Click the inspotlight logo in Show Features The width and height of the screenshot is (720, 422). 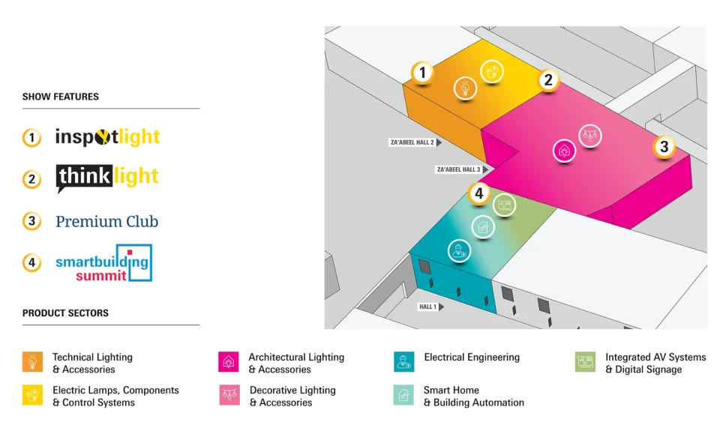pyautogui.click(x=107, y=136)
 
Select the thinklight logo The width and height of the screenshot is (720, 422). pyautogui.click(x=107, y=178)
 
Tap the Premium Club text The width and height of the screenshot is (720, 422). pyautogui.click(x=107, y=222)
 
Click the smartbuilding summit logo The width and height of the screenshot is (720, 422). pyautogui.click(x=103, y=263)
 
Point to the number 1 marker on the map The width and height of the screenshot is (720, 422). pyautogui.click(x=422, y=73)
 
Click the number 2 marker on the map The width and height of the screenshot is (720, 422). pyautogui.click(x=548, y=79)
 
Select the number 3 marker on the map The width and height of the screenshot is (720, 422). pyautogui.click(x=664, y=147)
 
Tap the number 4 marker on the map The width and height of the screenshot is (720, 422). pyautogui.click(x=479, y=193)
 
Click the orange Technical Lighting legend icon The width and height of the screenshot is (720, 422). pyautogui.click(x=32, y=362)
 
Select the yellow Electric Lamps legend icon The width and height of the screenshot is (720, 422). pyautogui.click(x=32, y=395)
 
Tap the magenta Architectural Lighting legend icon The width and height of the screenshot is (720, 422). pyautogui.click(x=229, y=362)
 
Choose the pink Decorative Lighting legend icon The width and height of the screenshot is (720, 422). pyautogui.click(x=229, y=395)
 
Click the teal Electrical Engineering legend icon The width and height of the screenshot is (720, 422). pyautogui.click(x=404, y=362)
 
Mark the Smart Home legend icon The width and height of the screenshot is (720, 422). pyautogui.click(x=403, y=395)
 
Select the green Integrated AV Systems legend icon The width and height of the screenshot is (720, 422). pyautogui.click(x=586, y=362)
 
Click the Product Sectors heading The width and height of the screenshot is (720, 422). pyautogui.click(x=66, y=313)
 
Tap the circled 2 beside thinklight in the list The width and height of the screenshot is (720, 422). pyautogui.click(x=31, y=179)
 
